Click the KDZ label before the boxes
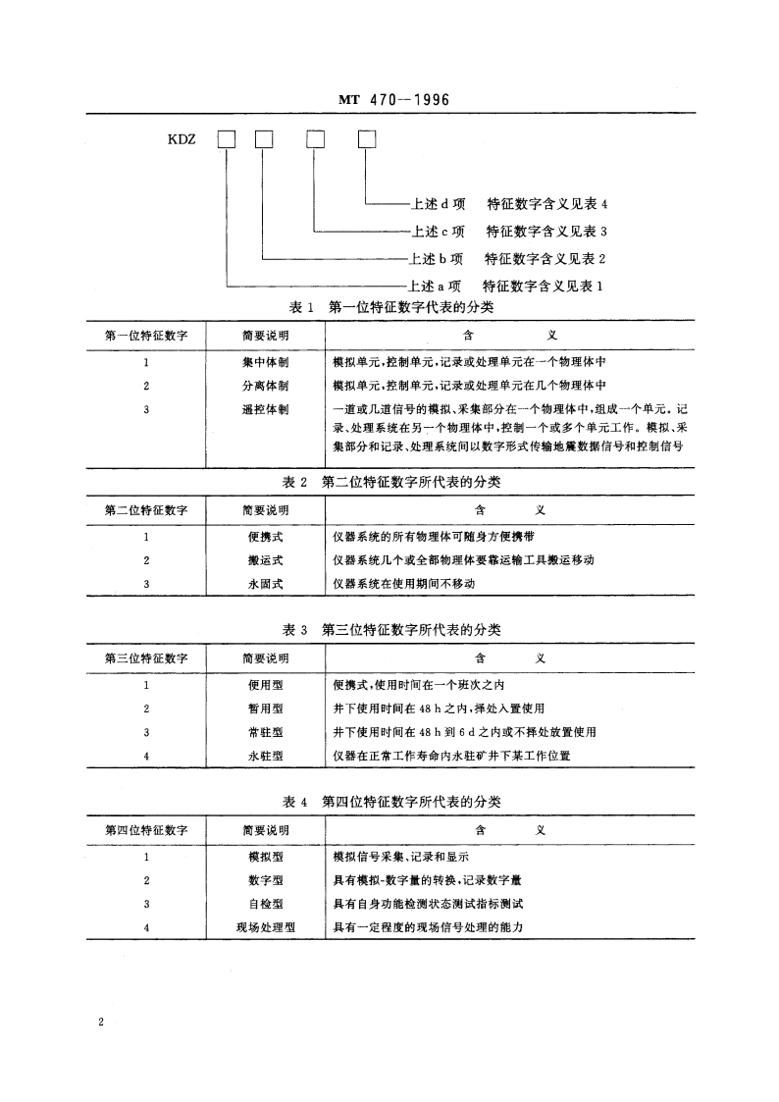183,139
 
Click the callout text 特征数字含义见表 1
543,287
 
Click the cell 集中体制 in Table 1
265,360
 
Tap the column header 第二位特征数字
146,510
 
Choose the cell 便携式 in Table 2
265,537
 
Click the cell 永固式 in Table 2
265,584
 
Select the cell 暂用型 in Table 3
265,708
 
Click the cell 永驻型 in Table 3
265,756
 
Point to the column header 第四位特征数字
146,830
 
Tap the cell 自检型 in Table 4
265,904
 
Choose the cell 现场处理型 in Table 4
265,927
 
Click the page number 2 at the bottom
101,1023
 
